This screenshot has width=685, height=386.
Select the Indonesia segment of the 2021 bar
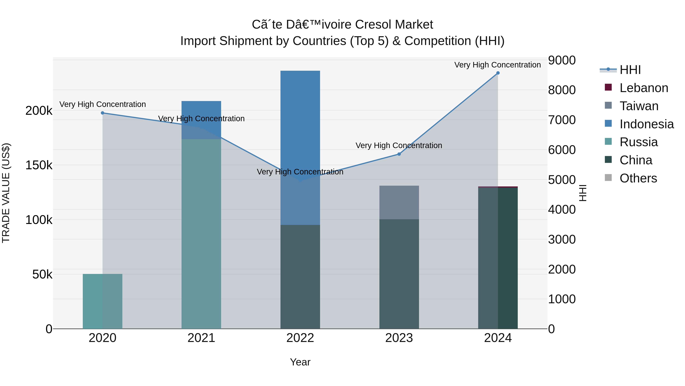[201, 120]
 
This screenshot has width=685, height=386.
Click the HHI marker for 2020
[102, 113]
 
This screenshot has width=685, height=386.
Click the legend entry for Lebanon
[644, 88]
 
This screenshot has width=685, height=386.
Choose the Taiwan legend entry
[639, 106]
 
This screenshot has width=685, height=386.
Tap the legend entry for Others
[638, 178]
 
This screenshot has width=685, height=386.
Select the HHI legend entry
[630, 70]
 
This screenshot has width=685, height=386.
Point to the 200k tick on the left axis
[39, 111]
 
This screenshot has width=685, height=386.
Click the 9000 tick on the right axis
[562, 60]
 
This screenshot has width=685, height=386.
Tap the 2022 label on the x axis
[300, 338]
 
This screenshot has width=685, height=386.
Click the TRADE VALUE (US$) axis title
[6, 193]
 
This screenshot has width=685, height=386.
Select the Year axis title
[300, 362]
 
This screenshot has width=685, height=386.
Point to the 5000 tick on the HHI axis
[562, 180]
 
